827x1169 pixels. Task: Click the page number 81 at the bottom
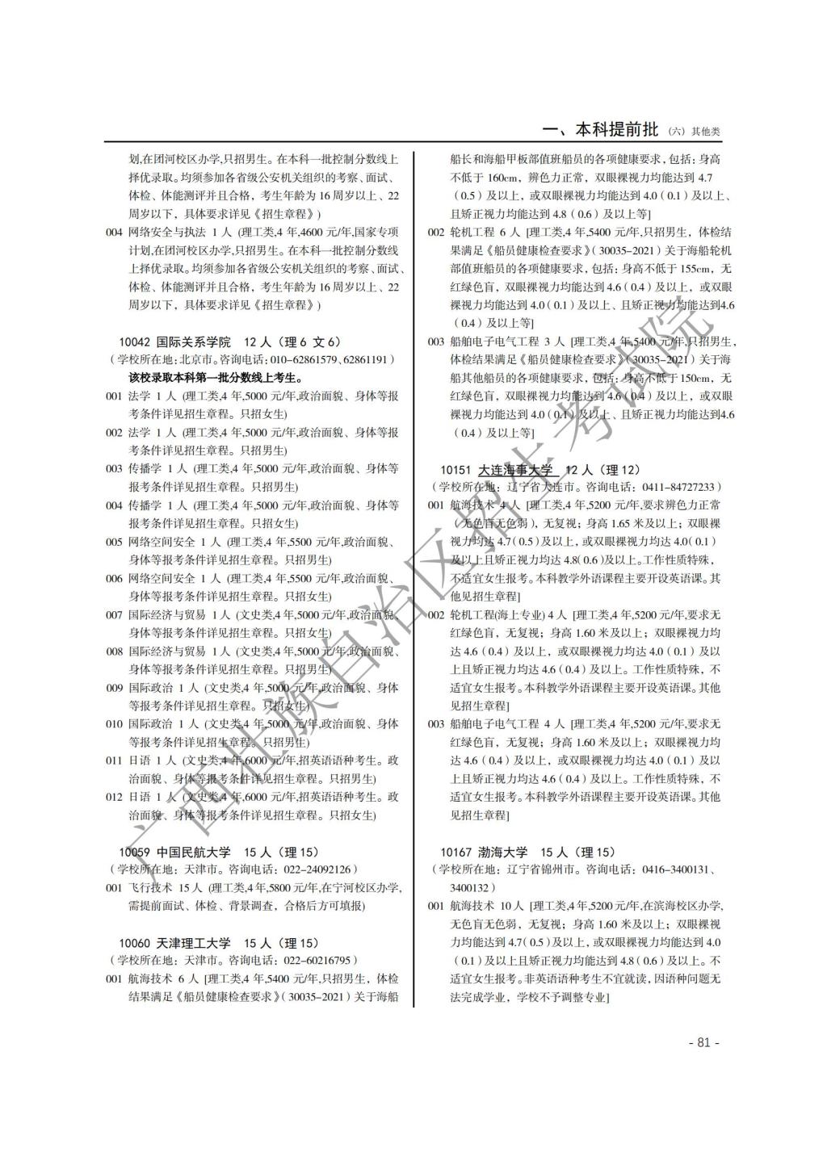coord(703,1042)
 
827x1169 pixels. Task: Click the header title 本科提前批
coord(617,130)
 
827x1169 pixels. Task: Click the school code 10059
coord(134,852)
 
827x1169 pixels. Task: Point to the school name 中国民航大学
coord(193,852)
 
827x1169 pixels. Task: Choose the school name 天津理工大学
coord(193,943)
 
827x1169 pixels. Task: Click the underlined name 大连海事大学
coord(515,470)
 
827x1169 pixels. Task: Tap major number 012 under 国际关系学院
coord(114,797)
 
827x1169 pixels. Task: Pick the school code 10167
coord(455,852)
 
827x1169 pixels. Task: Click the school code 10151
coord(455,470)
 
